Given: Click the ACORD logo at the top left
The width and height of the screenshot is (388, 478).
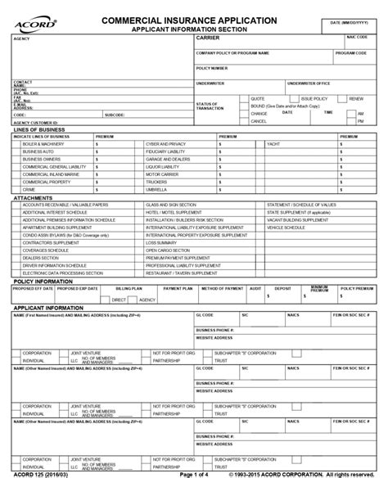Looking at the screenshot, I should [x=29, y=22].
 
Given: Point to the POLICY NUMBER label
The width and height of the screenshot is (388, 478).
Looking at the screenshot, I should [x=212, y=68].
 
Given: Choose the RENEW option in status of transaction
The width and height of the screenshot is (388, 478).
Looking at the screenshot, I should [x=355, y=97].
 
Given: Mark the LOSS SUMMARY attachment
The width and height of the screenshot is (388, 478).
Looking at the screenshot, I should [x=162, y=243].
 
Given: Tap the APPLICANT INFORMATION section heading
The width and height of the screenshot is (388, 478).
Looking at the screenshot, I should [x=47, y=306].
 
